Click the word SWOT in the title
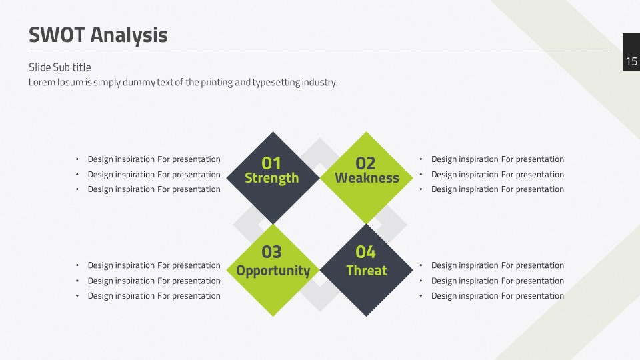(x=57, y=35)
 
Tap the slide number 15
(x=631, y=61)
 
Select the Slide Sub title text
(x=59, y=67)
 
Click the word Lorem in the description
(x=41, y=83)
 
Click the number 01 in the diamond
(x=271, y=163)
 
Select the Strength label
(x=272, y=179)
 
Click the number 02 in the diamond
(x=365, y=163)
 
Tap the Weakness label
(x=367, y=178)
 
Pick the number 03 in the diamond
(x=271, y=252)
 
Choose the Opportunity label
(x=273, y=271)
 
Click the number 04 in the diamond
(x=365, y=252)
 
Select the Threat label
(x=367, y=270)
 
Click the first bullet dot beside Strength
(x=77, y=159)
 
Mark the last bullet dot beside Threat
(x=421, y=296)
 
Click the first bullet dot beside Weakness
(x=421, y=159)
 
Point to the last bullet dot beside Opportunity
(x=77, y=296)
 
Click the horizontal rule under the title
(x=319, y=53)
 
